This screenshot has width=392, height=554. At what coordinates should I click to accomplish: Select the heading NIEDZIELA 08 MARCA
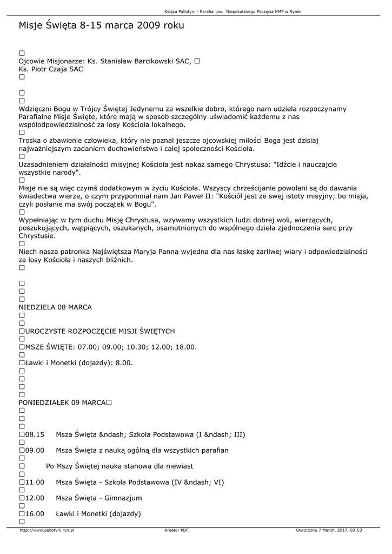coord(55,307)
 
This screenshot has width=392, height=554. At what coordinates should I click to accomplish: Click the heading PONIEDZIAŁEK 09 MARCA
coord(62,403)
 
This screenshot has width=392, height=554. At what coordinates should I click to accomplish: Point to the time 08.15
coord(35,434)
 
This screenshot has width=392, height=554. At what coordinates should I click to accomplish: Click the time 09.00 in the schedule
coord(35,450)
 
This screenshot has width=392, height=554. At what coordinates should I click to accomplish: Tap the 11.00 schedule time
coord(35,482)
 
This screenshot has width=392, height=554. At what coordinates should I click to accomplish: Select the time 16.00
coord(35,513)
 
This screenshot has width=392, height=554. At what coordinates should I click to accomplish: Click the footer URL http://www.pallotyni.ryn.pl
coord(46,531)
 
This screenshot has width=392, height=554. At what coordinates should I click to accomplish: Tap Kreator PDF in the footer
coord(176,531)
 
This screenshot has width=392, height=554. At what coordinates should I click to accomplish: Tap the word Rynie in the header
coord(295,11)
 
